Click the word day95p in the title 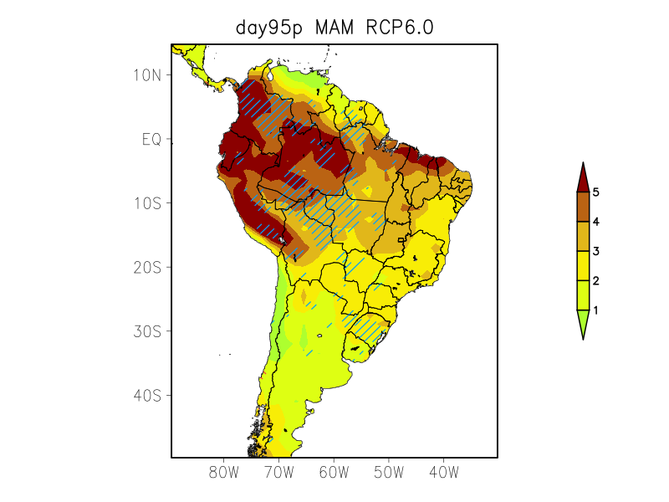tap(270, 28)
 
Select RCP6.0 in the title tap(400, 28)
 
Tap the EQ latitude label tap(151, 139)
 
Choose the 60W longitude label tap(334, 473)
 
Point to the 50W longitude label tap(389, 473)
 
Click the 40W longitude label tap(443, 473)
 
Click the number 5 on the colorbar tap(596, 192)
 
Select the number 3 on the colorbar tap(596, 251)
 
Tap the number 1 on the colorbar tap(596, 310)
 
